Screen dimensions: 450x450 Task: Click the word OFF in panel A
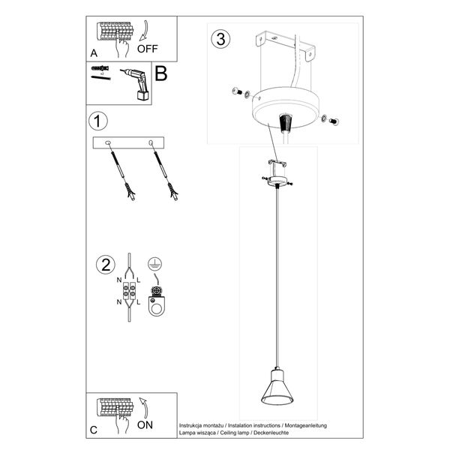pyautogui.click(x=148, y=50)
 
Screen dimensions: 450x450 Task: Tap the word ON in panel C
pyautogui.click(x=147, y=425)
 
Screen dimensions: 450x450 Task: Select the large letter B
pyautogui.click(x=160, y=74)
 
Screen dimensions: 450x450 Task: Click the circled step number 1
pyautogui.click(x=96, y=120)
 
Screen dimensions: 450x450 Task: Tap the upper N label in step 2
pyautogui.click(x=118, y=279)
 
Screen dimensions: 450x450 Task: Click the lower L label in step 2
pyautogui.click(x=139, y=302)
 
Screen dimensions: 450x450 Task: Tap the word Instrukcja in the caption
pyautogui.click(x=193, y=424)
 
